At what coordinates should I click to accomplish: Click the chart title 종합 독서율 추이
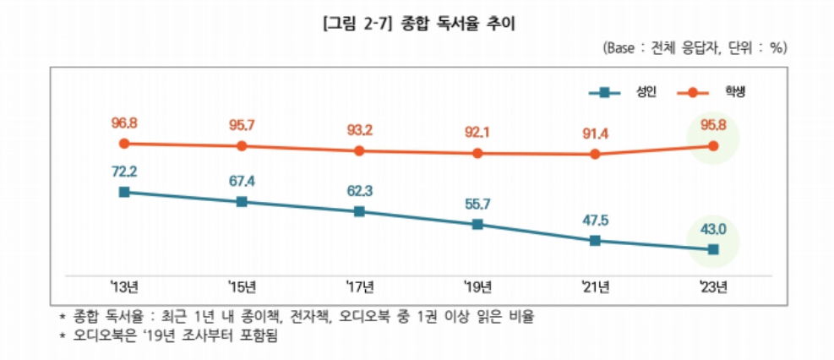(x=417, y=25)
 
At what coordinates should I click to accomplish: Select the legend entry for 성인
(x=618, y=91)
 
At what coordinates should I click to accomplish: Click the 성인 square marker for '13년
(x=124, y=192)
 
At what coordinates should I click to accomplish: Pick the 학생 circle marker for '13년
(x=124, y=144)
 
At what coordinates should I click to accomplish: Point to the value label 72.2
(x=124, y=172)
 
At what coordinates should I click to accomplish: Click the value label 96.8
(x=124, y=123)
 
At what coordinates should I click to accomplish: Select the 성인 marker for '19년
(x=477, y=224)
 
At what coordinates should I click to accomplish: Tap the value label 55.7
(x=477, y=204)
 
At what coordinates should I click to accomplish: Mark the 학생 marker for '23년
(x=713, y=145)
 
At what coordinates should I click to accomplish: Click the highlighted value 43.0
(x=713, y=229)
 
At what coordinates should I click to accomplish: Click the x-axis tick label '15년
(x=242, y=287)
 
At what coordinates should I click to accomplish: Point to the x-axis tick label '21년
(x=595, y=287)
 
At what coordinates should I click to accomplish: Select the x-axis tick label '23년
(x=713, y=287)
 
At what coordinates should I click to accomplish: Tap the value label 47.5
(x=595, y=220)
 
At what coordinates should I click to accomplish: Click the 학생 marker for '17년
(x=359, y=150)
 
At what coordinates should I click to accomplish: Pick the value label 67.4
(x=242, y=182)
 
